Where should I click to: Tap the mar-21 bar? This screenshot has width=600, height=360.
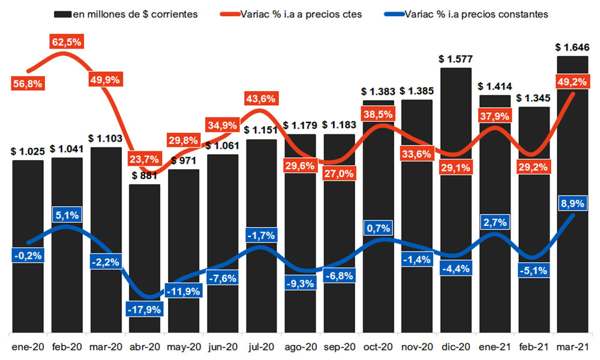[572, 150]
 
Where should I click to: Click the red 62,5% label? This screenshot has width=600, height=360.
[67, 42]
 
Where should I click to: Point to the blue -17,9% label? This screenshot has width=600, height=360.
[144, 310]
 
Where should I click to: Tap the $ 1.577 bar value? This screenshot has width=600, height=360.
[456, 59]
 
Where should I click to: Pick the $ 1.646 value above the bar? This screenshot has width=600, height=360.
[573, 46]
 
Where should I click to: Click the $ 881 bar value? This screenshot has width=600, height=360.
[145, 176]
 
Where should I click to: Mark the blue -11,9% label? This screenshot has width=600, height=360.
[184, 292]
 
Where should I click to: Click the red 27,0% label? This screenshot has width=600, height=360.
[340, 173]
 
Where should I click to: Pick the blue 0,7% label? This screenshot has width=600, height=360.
[379, 229]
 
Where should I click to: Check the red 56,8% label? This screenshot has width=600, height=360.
[28, 84]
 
